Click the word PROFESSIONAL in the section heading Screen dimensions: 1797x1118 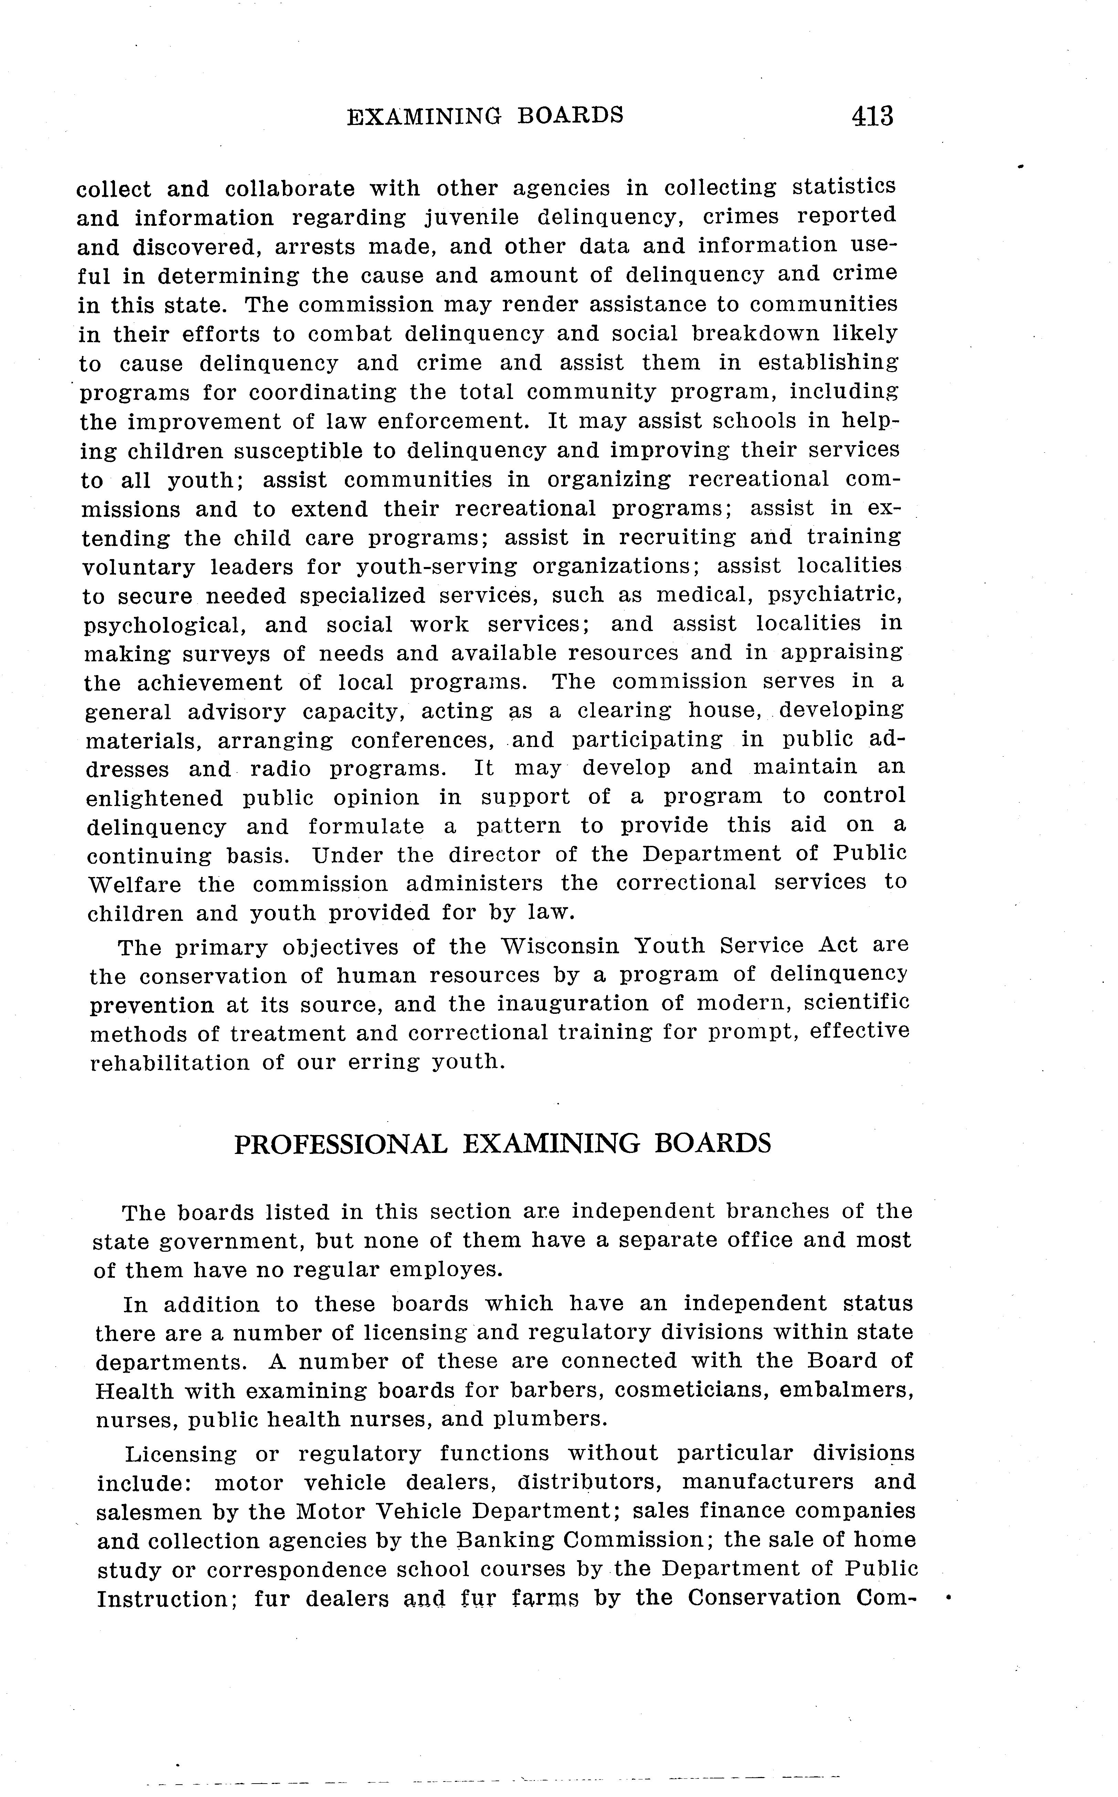341,1144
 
